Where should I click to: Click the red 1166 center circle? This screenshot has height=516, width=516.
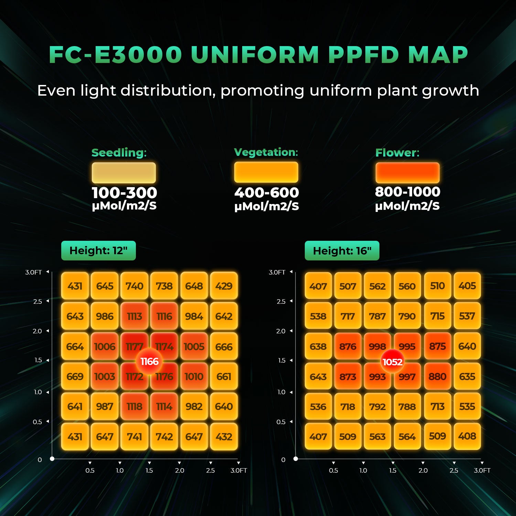[149, 361]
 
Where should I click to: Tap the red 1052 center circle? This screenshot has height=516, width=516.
[393, 362]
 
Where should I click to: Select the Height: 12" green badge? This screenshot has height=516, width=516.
[98, 250]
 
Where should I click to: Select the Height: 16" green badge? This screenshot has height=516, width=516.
[342, 251]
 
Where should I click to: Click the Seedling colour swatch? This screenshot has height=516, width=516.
[124, 173]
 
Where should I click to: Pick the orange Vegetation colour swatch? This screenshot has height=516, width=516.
[266, 172]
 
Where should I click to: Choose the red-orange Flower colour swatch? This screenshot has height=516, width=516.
[407, 173]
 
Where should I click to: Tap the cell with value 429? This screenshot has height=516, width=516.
[224, 286]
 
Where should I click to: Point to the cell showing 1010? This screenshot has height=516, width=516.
[194, 376]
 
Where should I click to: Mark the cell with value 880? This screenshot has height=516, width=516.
[437, 376]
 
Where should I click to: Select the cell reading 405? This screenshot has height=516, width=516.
[467, 286]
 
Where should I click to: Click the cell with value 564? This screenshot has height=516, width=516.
[407, 436]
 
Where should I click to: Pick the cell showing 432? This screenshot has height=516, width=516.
[224, 437]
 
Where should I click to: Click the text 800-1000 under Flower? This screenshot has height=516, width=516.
[407, 192]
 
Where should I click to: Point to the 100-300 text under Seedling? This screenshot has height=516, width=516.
[124, 193]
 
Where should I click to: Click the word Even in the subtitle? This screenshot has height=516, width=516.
[56, 91]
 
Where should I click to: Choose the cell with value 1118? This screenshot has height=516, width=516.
[135, 406]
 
